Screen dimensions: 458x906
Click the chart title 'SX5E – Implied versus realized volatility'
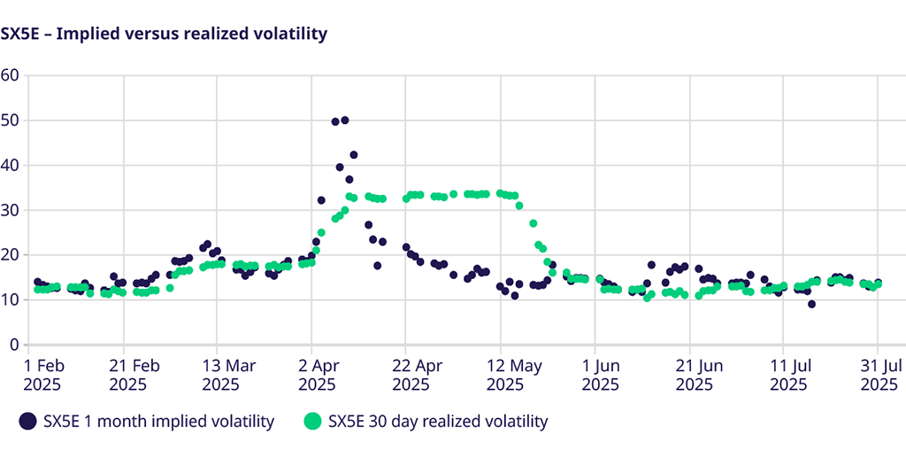pyautogui.click(x=164, y=35)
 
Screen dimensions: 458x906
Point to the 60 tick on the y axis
pyautogui.click(x=10, y=74)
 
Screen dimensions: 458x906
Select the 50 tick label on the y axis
pyautogui.click(x=10, y=120)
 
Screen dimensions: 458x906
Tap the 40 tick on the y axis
pyautogui.click(x=10, y=165)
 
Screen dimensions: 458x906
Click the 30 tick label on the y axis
pyautogui.click(x=10, y=210)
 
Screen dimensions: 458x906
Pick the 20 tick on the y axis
pyautogui.click(x=10, y=255)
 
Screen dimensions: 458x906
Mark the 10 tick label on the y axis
pyautogui.click(x=10, y=300)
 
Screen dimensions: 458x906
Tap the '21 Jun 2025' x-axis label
pyautogui.click(x=694, y=375)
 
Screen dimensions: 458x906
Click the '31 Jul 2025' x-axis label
pyautogui.click(x=881, y=375)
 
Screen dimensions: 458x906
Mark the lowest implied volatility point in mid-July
pyautogui.click(x=811, y=304)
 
